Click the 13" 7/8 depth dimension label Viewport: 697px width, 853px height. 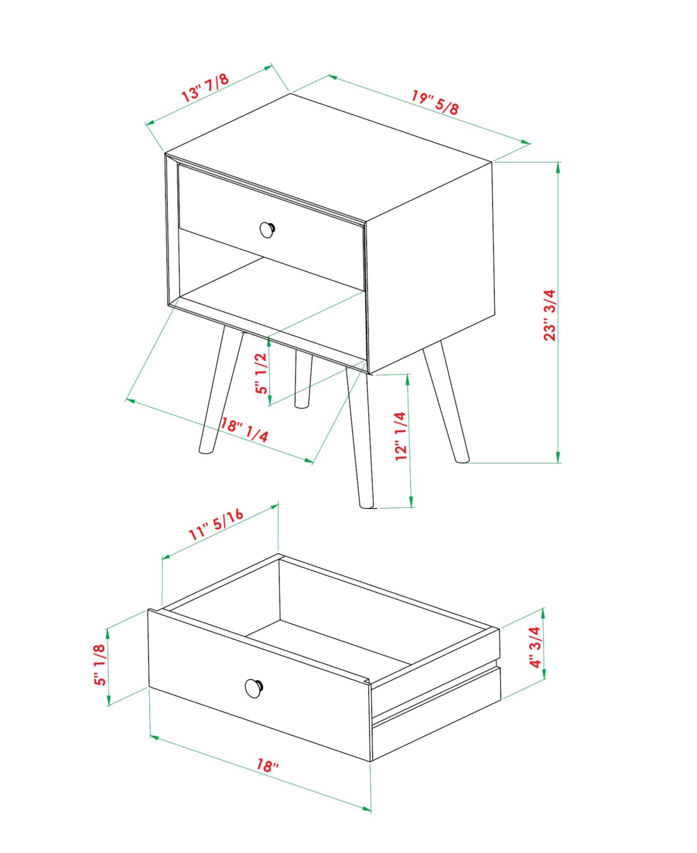(205, 87)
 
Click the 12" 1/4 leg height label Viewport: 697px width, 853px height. (401, 436)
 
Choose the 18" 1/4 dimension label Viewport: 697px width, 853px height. (245, 430)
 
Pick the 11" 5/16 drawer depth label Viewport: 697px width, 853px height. (216, 524)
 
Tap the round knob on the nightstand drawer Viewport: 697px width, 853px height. (267, 229)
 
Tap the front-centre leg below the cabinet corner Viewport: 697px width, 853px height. (360, 437)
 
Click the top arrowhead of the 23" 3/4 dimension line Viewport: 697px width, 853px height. (558, 168)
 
